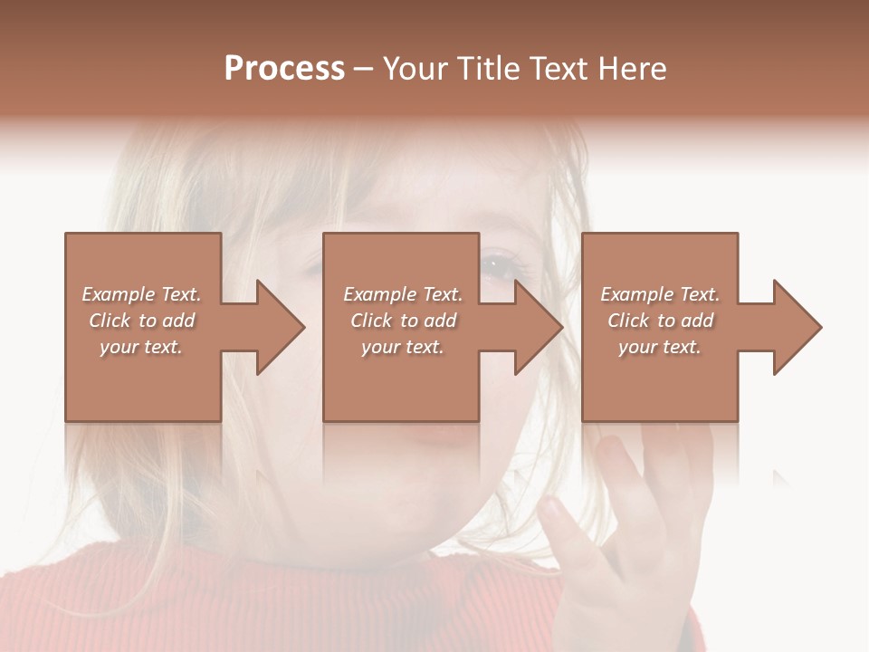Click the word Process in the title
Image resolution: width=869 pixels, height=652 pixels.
coord(284,69)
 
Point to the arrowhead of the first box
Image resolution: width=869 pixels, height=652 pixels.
coord(281,327)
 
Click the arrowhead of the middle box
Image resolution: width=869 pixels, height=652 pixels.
coord(539,327)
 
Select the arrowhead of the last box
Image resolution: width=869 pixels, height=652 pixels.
coord(797,327)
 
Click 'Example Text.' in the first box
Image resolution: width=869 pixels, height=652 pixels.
coord(141,294)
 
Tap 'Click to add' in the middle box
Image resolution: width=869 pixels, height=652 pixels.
coord(403,321)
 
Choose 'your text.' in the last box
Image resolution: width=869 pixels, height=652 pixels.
coord(660,347)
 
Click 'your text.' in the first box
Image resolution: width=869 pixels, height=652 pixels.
coord(141,347)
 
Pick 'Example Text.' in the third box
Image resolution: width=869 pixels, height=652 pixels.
coord(660,294)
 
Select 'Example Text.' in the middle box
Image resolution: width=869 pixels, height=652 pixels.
coord(403,294)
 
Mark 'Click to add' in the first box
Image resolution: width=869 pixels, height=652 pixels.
coord(141,321)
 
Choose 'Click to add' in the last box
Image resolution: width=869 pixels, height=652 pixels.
coord(660,321)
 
